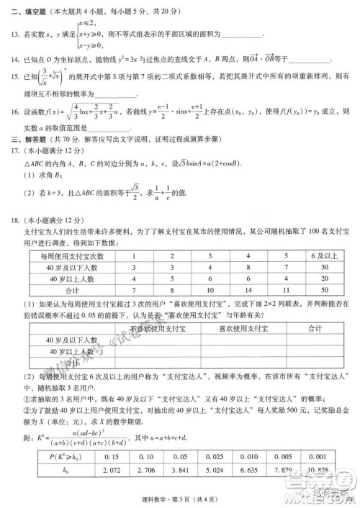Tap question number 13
pos(13,35)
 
